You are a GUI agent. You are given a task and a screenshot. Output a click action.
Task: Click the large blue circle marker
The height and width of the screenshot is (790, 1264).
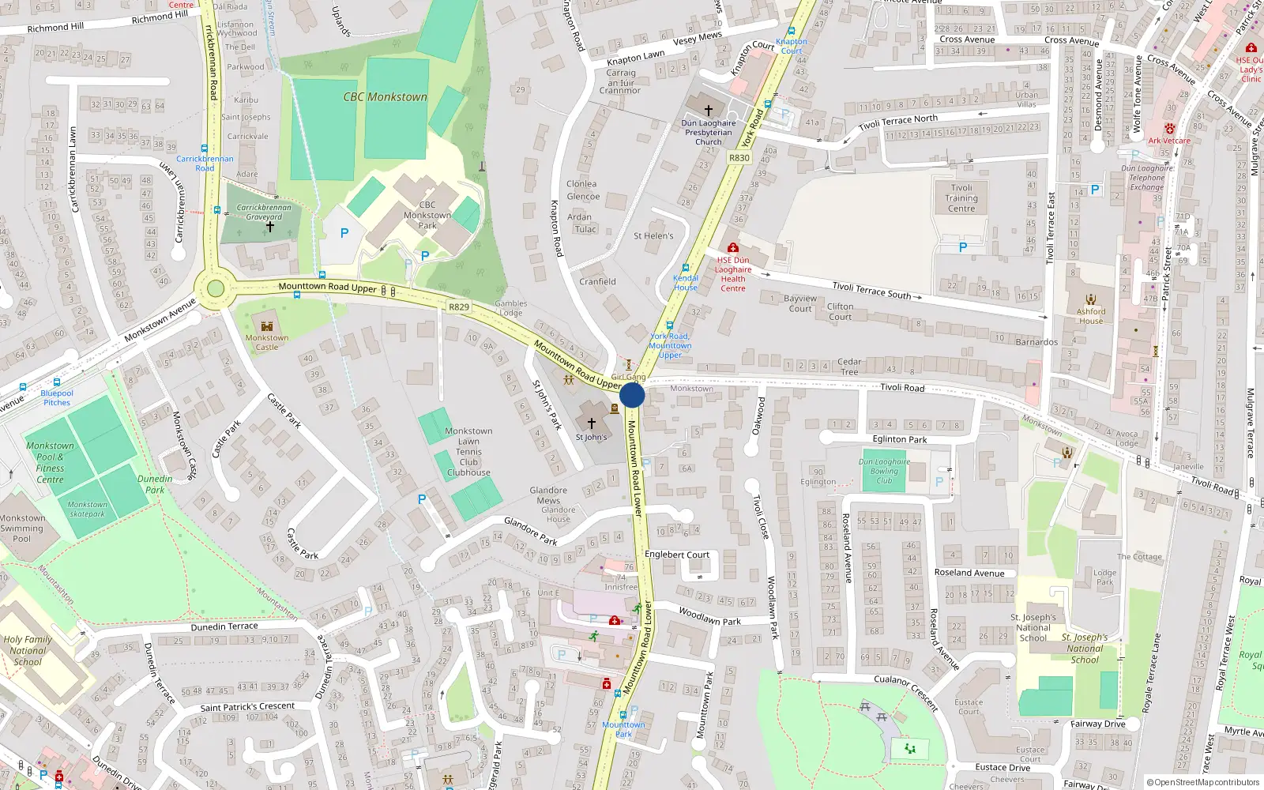point(632,395)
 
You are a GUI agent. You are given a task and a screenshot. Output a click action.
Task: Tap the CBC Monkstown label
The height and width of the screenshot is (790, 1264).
point(385,97)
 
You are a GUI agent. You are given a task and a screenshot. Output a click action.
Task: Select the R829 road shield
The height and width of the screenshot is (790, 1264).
point(459,307)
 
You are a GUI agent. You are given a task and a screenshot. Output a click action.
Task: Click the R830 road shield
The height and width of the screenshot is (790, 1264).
point(739,158)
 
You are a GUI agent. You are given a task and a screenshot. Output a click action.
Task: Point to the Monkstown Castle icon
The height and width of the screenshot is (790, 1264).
point(267,325)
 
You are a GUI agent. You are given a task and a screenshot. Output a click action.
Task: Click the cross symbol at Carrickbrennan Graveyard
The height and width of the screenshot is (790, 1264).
point(269,227)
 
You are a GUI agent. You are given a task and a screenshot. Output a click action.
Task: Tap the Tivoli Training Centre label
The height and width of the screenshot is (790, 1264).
point(961,198)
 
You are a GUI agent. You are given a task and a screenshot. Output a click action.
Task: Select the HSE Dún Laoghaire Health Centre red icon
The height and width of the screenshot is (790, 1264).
point(733,248)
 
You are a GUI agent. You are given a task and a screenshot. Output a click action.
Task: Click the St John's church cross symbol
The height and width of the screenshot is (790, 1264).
point(591,423)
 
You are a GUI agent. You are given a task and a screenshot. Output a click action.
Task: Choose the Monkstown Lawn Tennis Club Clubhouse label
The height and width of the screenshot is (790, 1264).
point(468,452)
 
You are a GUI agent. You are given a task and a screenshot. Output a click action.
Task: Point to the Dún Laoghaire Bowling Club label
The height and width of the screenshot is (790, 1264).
point(884,471)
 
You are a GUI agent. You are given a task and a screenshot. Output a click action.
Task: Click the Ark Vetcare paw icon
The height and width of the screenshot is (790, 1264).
point(1169,129)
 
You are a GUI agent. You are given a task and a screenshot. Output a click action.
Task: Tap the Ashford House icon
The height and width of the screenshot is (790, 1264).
point(1091,299)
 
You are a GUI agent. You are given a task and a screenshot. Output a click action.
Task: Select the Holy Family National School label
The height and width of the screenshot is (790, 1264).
point(28,650)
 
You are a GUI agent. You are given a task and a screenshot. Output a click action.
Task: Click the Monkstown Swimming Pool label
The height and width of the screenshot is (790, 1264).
point(22,529)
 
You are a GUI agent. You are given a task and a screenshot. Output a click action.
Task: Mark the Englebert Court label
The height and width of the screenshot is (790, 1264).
point(677,555)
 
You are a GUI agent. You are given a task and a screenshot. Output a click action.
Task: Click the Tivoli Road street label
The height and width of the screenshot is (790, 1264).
point(902,388)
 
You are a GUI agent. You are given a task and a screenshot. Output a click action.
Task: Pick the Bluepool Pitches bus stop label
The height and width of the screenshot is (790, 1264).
point(57,397)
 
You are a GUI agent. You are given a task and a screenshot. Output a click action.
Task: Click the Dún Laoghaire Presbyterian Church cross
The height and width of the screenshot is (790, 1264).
point(709,111)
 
